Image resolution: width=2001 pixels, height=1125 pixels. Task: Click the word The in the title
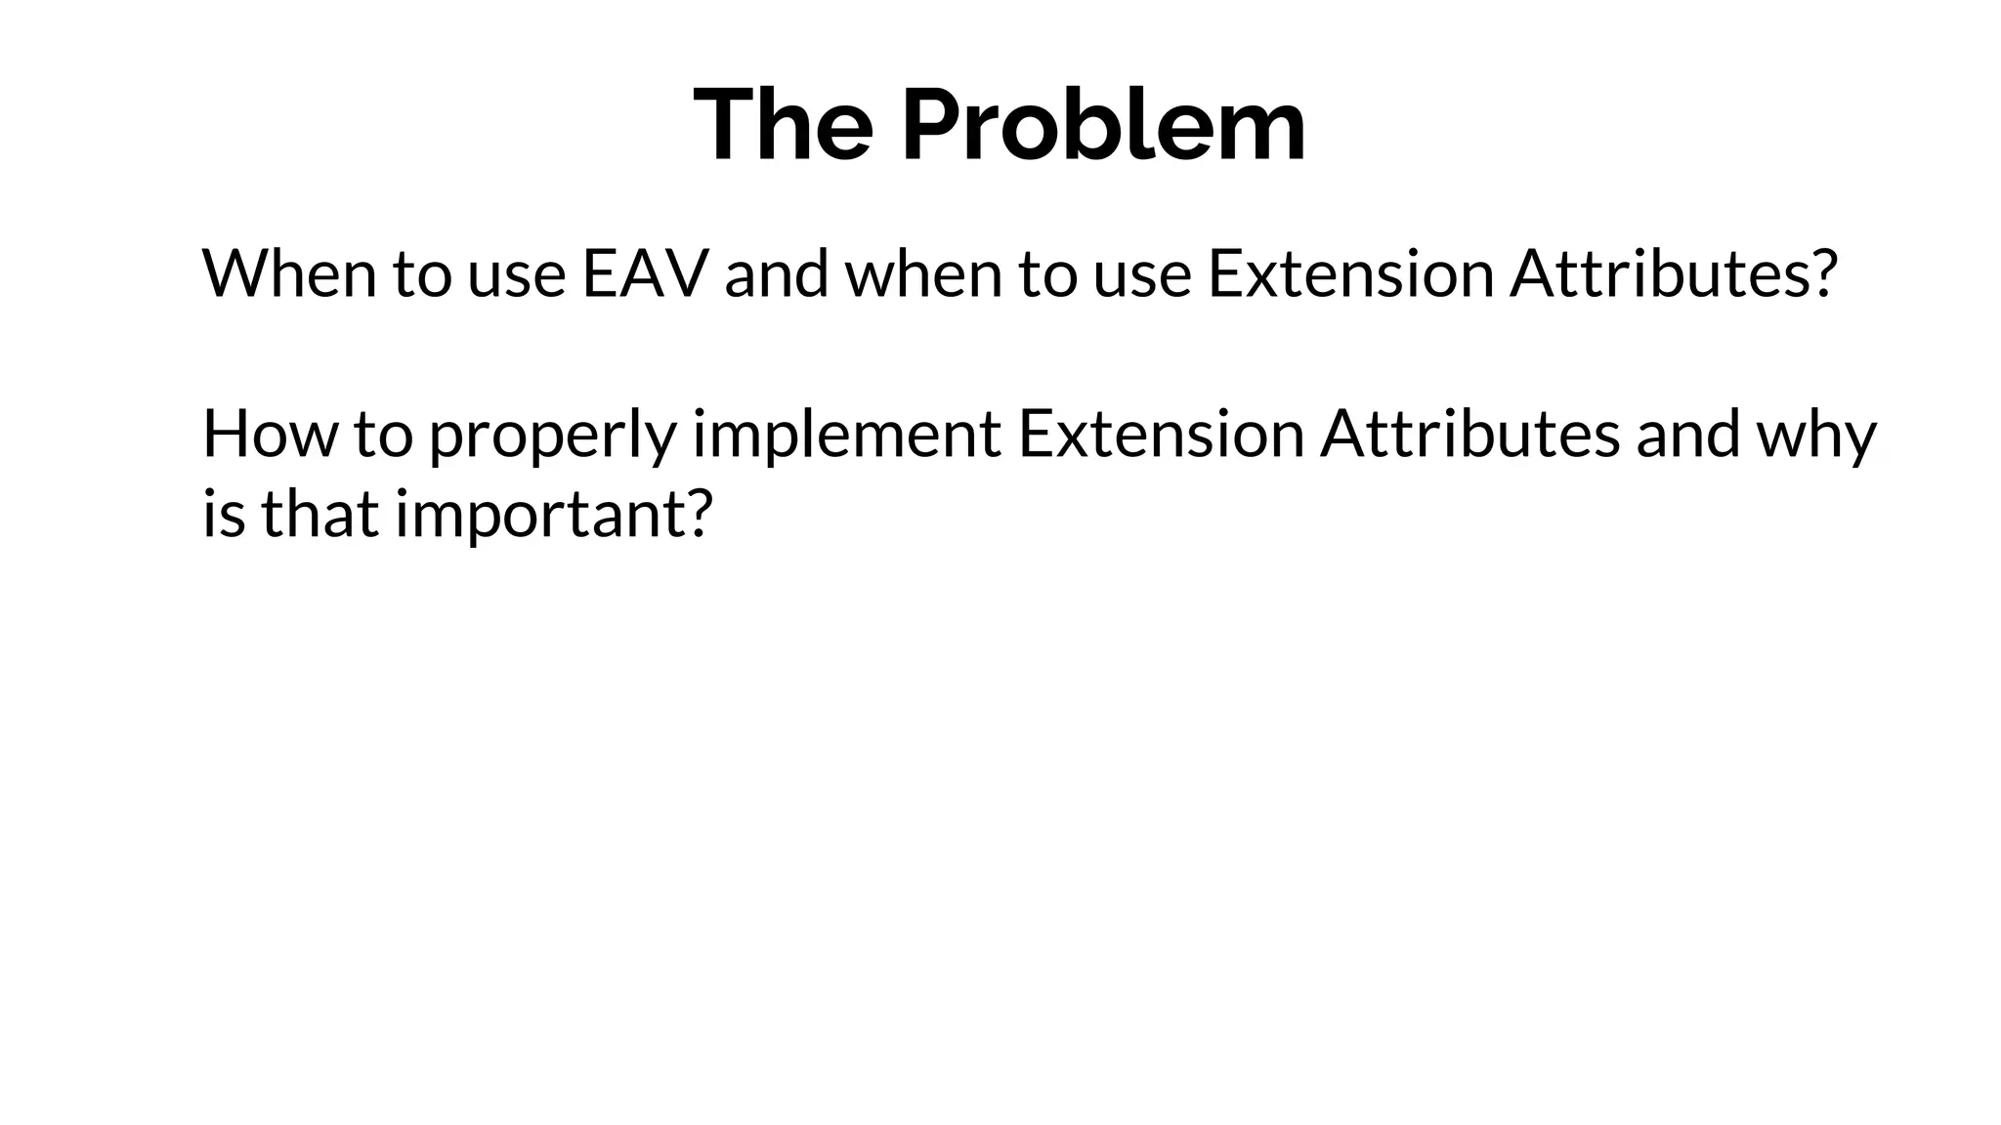coord(783,125)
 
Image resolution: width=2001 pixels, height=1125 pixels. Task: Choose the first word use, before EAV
coord(516,275)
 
